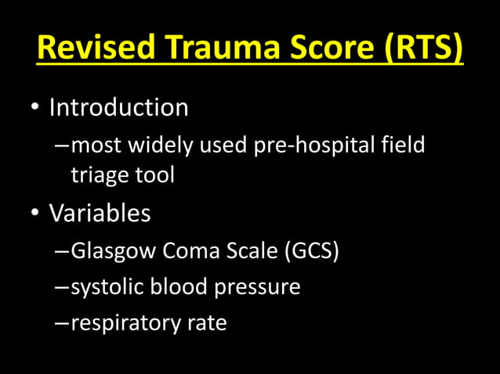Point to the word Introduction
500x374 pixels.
click(118, 107)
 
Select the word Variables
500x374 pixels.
click(100, 213)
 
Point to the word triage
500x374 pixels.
click(100, 174)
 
